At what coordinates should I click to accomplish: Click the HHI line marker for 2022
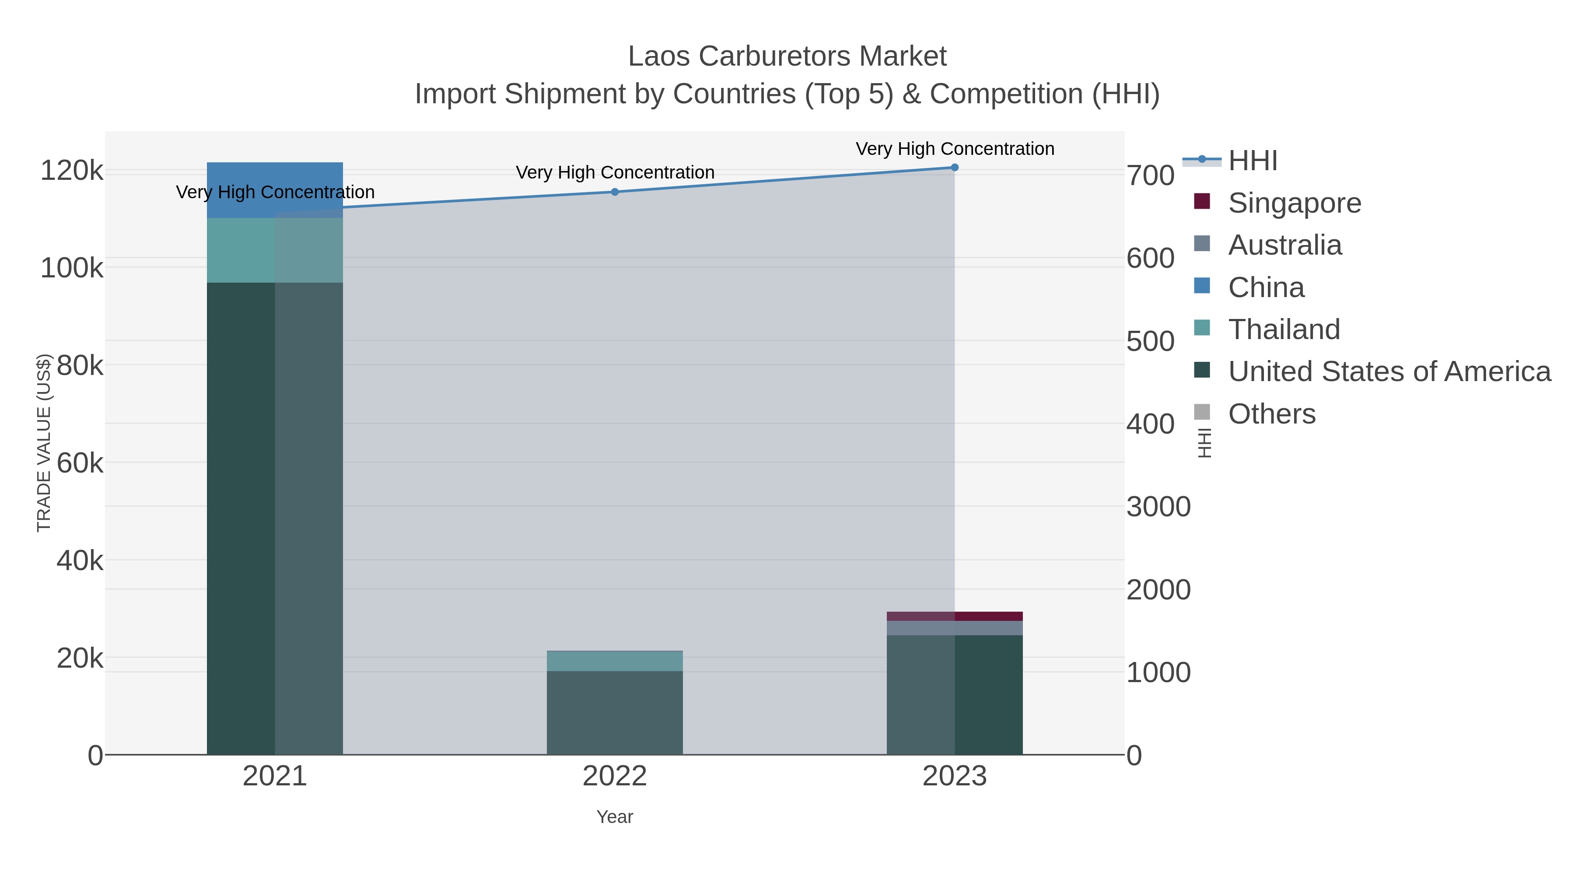pyautogui.click(x=615, y=192)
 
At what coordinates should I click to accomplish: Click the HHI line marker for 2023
pyautogui.click(x=955, y=168)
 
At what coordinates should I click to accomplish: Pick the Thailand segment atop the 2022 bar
pyautogui.click(x=615, y=661)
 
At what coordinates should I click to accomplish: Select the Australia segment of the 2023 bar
pyautogui.click(x=955, y=628)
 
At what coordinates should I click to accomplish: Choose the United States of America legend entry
pyautogui.click(x=1389, y=372)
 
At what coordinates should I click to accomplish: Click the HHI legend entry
pyautogui.click(x=1252, y=161)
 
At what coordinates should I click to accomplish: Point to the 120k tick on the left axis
pyautogui.click(x=72, y=171)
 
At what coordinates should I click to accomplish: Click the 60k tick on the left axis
pyautogui.click(x=80, y=463)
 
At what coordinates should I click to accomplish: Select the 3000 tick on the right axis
pyautogui.click(x=1158, y=507)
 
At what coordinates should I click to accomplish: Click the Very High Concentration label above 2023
pyautogui.click(x=955, y=149)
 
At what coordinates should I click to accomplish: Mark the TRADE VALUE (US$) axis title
pyautogui.click(x=44, y=443)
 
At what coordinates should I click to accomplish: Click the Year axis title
pyautogui.click(x=615, y=817)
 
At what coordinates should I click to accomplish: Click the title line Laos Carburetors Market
pyautogui.click(x=787, y=56)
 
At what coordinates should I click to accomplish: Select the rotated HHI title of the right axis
pyautogui.click(x=1204, y=443)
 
